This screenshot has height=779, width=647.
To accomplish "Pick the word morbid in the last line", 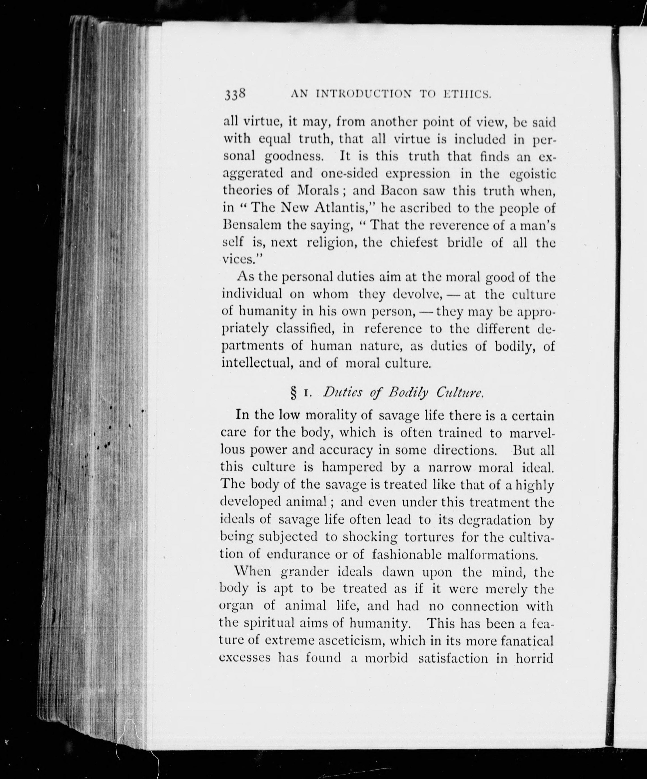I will click(x=386, y=658).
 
